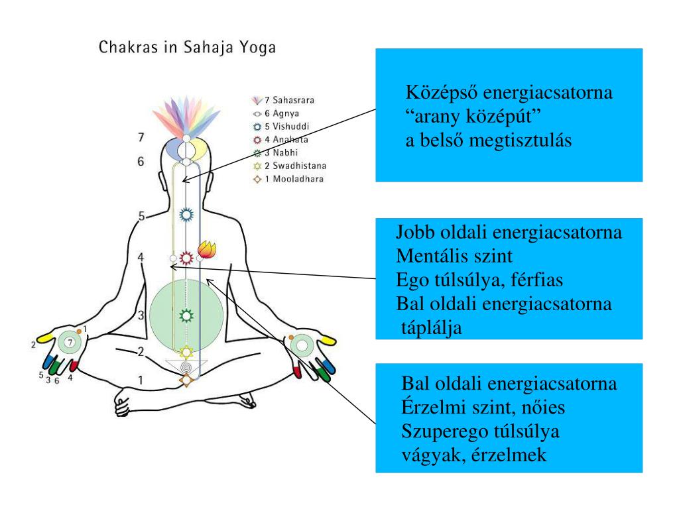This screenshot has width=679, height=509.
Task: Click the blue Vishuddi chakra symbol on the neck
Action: coord(187,215)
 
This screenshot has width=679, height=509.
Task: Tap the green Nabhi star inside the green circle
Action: coord(186,315)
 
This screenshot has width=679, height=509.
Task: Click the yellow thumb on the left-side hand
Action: coord(45,337)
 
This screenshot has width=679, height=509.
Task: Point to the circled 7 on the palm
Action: coord(68,343)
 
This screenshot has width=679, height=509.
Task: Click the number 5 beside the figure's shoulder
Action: coord(141,216)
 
